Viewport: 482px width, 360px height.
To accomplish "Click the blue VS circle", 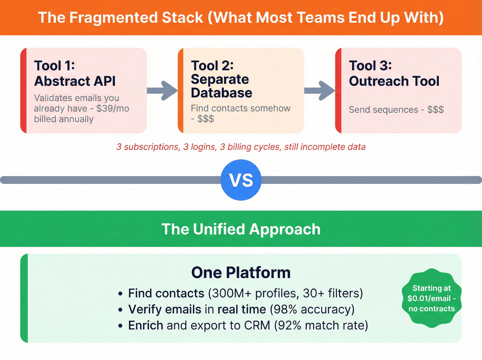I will (241, 180).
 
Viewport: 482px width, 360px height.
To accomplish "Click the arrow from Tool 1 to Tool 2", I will (162, 91).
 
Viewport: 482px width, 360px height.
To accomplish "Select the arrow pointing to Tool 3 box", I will (319, 91).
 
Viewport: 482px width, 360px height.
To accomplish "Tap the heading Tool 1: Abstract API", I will (75, 73).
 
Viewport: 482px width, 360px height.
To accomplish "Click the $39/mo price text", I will (113, 109).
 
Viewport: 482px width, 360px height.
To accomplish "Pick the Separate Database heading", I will (221, 86).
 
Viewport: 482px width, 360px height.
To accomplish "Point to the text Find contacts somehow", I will (240, 108).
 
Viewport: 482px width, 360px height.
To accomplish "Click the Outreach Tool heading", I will (394, 81).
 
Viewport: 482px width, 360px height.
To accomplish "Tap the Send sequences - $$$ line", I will (396, 110).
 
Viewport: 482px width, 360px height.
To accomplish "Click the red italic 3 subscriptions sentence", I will (241, 147).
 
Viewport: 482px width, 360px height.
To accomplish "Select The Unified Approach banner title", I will (241, 229).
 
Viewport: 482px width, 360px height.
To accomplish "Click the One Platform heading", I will (241, 272).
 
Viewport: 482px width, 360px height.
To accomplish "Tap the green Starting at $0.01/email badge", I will (431, 298).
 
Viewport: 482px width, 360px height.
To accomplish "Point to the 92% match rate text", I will (321, 326).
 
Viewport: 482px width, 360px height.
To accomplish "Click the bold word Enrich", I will (146, 326).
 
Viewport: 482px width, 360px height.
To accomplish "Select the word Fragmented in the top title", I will (136, 18).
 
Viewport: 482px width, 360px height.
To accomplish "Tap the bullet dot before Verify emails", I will (120, 310).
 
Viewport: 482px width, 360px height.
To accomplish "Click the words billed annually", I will (64, 119).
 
